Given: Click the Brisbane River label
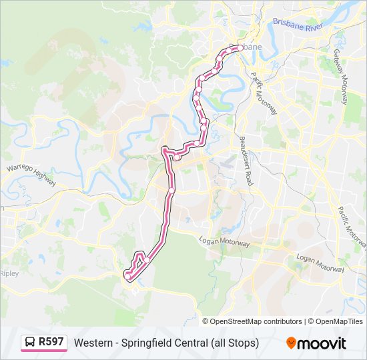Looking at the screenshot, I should [297, 25].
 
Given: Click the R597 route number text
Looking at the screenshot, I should [51, 342].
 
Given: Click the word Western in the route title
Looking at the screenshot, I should [93, 343].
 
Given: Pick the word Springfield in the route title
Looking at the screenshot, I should [147, 343].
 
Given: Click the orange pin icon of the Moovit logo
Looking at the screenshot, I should [292, 343].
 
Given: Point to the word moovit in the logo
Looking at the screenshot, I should [322, 343].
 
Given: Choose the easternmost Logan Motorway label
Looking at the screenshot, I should [320, 263].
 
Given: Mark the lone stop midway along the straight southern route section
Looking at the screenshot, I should [171, 191].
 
